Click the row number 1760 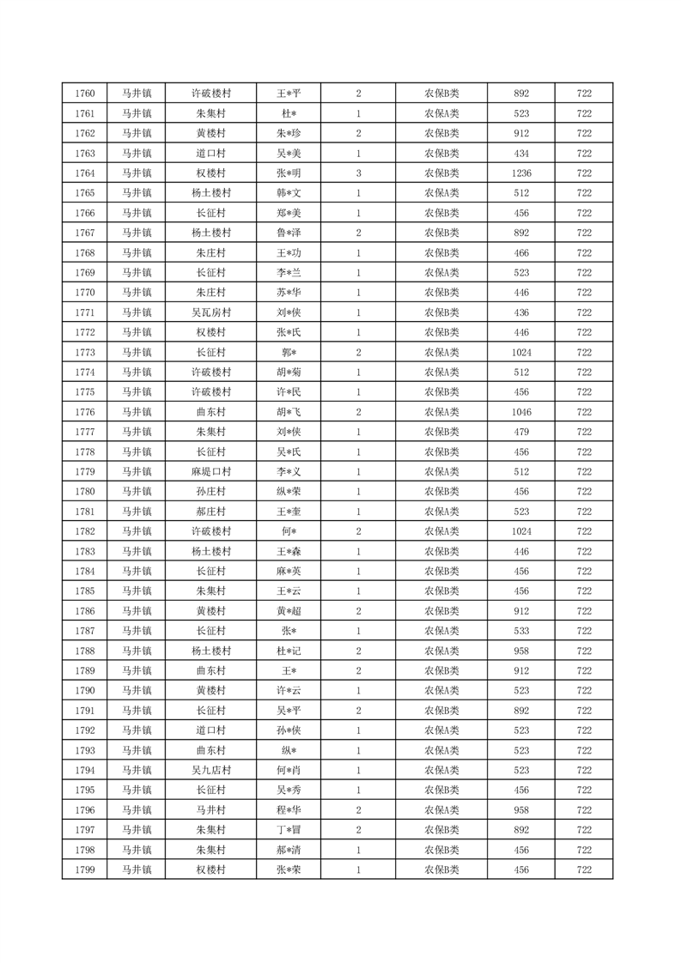point(85,94)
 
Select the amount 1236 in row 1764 point(521,173)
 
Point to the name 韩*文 point(289,193)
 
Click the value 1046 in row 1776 point(521,412)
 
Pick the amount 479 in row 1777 point(521,432)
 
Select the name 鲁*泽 point(289,233)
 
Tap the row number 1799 point(85,869)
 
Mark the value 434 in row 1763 point(521,154)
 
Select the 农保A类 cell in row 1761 point(441,113)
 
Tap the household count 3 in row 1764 point(358,173)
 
